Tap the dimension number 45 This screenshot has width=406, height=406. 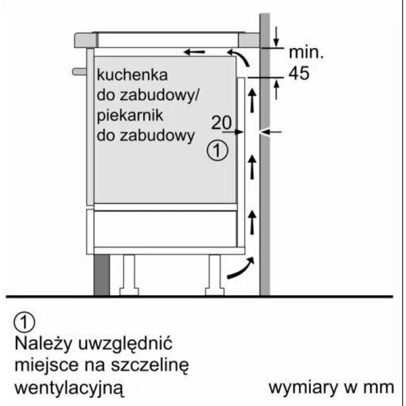pos(299,74)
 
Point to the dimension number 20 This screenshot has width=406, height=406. pos(221,122)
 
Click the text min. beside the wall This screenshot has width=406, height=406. pos(306,53)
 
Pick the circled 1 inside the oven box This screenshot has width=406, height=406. pos(216,151)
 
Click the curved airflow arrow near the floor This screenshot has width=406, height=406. pos(241,269)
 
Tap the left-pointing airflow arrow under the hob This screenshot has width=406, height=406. pos(195,53)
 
